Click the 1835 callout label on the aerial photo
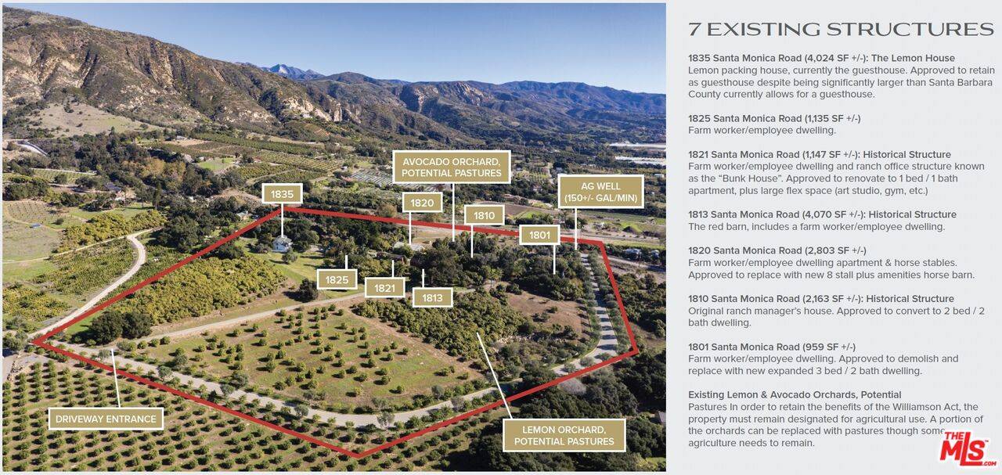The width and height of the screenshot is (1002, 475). point(282,194)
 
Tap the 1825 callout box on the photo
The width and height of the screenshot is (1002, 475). point(337,279)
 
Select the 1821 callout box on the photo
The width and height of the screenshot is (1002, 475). point(384,288)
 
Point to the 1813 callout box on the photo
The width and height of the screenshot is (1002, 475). point(432,297)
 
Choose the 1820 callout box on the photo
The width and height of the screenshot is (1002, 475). point(422,203)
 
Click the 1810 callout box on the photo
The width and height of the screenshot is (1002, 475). point(484,215)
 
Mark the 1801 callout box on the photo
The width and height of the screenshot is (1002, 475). point(539,235)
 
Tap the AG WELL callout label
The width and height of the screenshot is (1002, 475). point(601,191)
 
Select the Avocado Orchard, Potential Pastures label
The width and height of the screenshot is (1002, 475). point(452,167)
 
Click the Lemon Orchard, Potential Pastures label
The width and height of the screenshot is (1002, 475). point(564,436)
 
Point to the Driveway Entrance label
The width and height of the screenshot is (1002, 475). point(106,419)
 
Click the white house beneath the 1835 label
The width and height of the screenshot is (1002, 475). point(282,244)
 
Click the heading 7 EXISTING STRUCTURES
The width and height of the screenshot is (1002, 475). point(841,30)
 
